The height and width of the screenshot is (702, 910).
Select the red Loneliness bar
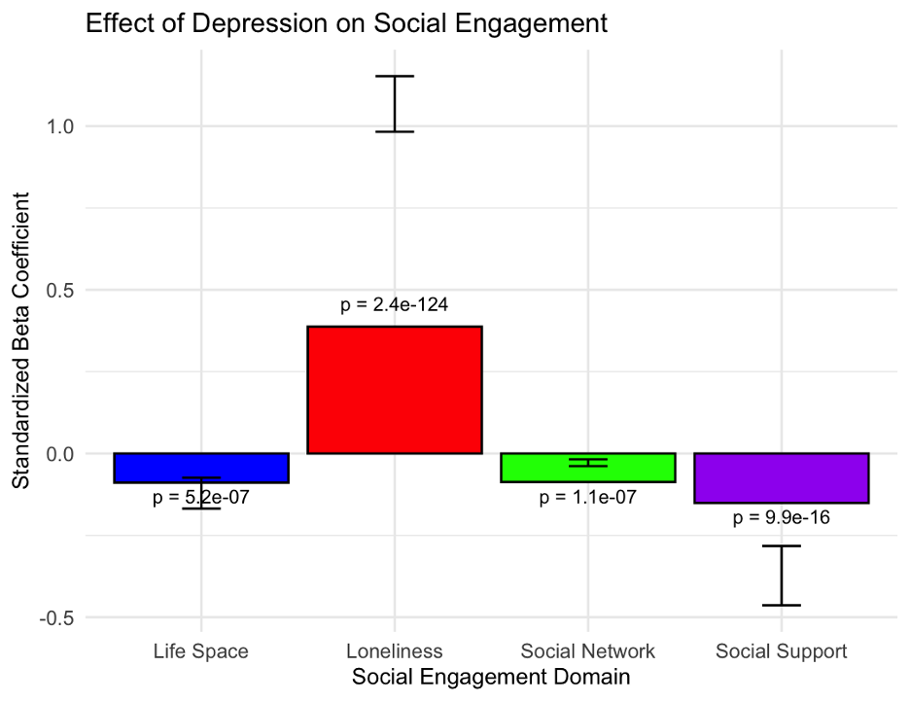[395, 389]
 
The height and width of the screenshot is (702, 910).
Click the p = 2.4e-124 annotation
[394, 305]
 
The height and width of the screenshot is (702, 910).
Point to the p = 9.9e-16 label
[781, 517]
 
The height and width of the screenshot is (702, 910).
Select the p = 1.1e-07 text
[587, 498]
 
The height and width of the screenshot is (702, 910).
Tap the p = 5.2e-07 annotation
[200, 498]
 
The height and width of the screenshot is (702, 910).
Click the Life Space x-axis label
[200, 651]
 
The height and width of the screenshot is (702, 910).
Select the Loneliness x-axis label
[394, 651]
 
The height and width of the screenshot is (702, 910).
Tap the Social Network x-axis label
[587, 651]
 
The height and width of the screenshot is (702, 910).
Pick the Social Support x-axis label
[781, 651]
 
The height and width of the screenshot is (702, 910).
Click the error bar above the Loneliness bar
[395, 103]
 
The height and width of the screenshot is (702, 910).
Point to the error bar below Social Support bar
[782, 576]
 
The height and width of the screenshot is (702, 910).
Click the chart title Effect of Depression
[346, 23]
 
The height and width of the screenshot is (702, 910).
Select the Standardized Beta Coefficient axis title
[20, 340]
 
